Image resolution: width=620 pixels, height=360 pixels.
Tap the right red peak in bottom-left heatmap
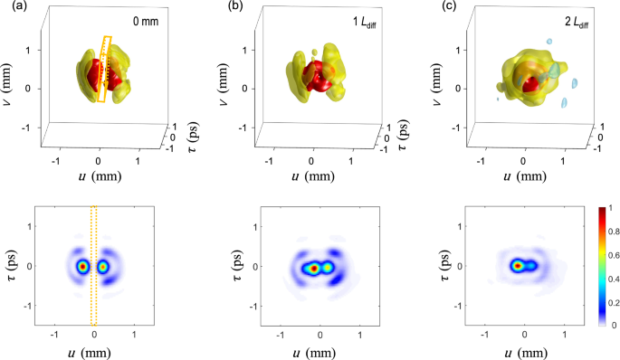point(103,267)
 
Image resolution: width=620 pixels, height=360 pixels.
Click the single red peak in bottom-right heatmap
point(518,266)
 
